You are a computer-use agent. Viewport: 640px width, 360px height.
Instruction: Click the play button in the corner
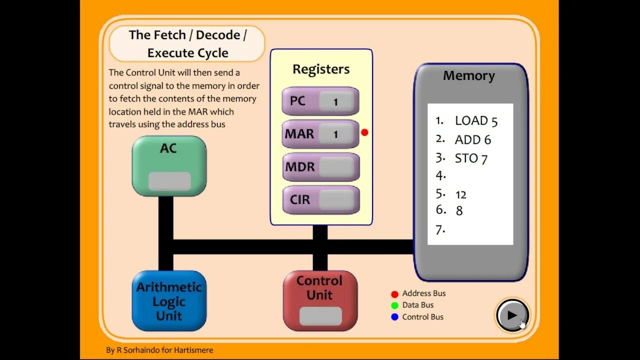pos(512,315)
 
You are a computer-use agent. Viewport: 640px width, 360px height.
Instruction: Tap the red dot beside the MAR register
pos(364,132)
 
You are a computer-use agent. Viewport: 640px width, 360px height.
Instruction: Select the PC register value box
pos(336,101)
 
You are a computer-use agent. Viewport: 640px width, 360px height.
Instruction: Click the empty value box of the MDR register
pos(336,166)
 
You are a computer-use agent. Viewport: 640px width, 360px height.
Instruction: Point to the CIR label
pos(299,199)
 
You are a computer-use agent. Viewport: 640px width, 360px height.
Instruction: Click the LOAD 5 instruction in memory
pos(476,121)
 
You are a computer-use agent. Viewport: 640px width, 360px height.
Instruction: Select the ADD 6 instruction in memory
pos(473,140)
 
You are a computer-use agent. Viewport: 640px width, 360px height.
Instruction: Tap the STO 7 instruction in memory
pos(471,159)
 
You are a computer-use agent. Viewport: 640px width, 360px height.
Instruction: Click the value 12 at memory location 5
pos(461,195)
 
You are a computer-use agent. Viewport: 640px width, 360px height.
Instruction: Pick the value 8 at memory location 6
pos(459,211)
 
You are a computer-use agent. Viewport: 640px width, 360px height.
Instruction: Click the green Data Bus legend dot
pos(394,305)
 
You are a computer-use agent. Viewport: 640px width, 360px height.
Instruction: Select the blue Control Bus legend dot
pos(394,317)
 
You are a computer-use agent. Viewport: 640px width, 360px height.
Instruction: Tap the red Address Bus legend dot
pos(394,294)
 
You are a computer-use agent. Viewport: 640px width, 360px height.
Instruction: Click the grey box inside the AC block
pos(169,181)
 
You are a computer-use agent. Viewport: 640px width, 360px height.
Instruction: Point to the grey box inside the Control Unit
pos(320,316)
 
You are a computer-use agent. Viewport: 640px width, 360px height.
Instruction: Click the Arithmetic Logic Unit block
pos(169,301)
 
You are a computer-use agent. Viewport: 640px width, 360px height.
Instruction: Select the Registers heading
pos(321,69)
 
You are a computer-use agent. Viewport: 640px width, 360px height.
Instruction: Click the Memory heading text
pos(469,75)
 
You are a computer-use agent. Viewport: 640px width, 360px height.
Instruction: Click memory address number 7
pos(440,230)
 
